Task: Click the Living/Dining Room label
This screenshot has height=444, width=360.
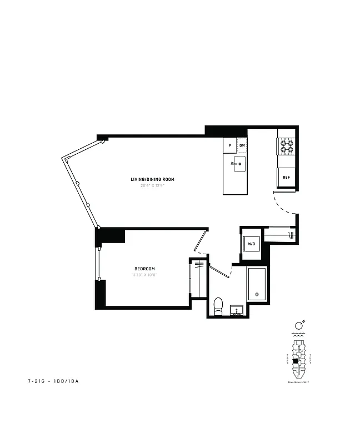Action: pyautogui.click(x=152, y=179)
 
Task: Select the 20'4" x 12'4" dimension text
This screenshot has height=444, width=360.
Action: pyautogui.click(x=152, y=185)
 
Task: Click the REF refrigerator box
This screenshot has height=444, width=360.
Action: pyautogui.click(x=286, y=178)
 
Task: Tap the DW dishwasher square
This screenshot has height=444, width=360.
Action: pyautogui.click(x=242, y=145)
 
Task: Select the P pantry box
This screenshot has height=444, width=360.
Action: pyautogui.click(x=230, y=145)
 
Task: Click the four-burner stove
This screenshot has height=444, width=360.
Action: pyautogui.click(x=286, y=146)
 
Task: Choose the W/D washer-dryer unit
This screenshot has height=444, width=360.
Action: pyautogui.click(x=251, y=244)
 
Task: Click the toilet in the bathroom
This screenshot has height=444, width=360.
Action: pyautogui.click(x=218, y=306)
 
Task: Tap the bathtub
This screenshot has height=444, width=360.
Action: pyautogui.click(x=257, y=284)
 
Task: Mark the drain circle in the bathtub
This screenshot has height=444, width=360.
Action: pyautogui.click(x=256, y=294)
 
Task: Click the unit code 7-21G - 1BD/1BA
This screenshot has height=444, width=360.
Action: pyautogui.click(x=53, y=382)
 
